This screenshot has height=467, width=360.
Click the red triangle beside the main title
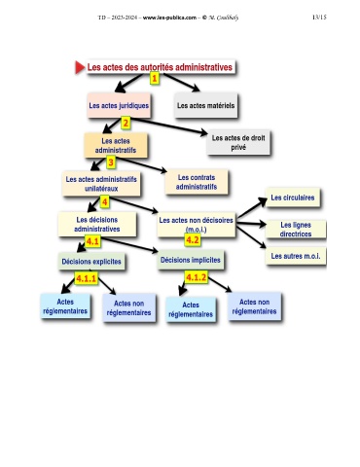click(80, 67)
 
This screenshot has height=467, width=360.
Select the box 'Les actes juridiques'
click(119, 105)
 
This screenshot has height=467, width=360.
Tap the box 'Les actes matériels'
click(206, 105)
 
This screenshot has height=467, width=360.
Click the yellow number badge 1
click(155, 78)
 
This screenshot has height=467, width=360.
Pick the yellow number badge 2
click(126, 123)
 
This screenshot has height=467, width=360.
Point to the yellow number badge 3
click(111, 162)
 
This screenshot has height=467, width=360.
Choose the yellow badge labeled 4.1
click(92, 241)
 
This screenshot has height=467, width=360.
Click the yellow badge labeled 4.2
click(193, 240)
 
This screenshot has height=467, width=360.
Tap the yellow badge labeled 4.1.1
click(86, 278)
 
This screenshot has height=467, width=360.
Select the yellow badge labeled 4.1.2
click(196, 277)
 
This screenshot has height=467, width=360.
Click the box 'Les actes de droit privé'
click(238, 142)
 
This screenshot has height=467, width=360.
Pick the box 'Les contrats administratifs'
click(197, 182)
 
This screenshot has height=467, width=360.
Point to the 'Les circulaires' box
click(293, 198)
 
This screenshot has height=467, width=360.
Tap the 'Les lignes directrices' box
click(296, 230)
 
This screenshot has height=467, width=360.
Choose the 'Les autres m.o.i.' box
click(296, 256)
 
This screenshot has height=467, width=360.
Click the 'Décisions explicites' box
click(91, 262)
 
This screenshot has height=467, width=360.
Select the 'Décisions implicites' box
click(191, 260)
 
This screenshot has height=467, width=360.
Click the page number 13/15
click(319, 17)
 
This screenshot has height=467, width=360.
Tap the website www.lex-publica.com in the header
click(169, 18)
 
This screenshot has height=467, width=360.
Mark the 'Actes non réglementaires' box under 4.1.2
click(255, 306)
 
